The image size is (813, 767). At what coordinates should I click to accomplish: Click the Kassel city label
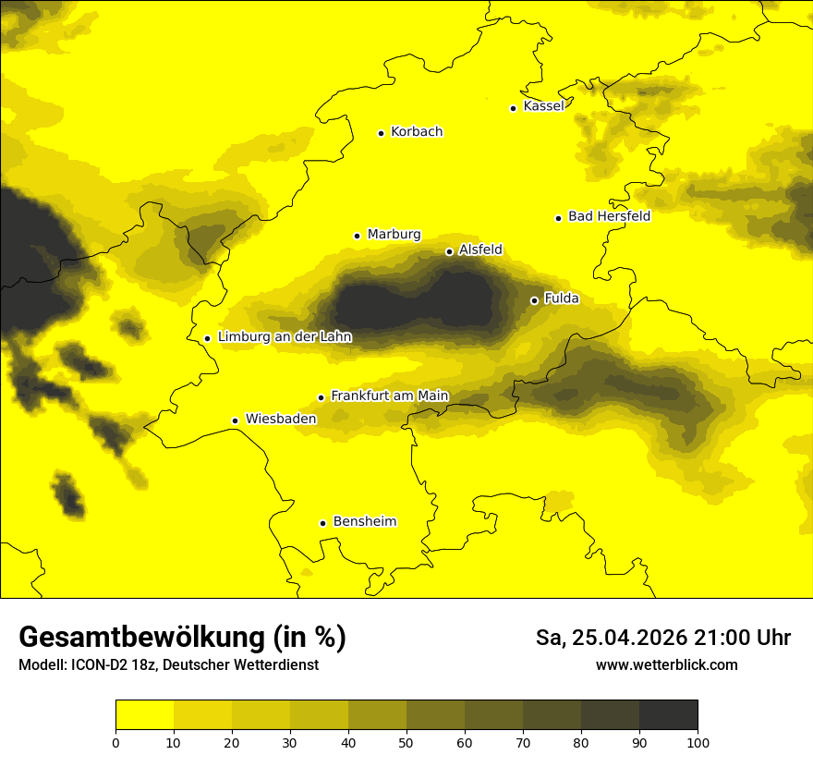click(x=543, y=106)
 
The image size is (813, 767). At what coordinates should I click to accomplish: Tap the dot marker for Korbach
click(x=381, y=133)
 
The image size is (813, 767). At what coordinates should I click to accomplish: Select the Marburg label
click(x=394, y=235)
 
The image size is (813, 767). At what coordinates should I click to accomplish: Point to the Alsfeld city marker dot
click(x=449, y=251)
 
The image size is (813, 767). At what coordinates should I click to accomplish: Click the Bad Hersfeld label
click(x=609, y=216)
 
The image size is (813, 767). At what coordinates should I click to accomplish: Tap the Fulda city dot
click(x=534, y=300)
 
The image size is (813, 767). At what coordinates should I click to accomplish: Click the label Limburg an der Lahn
click(x=285, y=337)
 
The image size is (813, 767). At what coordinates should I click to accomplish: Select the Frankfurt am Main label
click(x=389, y=396)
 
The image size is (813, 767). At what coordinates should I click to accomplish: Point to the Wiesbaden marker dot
click(x=236, y=420)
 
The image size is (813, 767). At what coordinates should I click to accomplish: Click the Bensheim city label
click(x=364, y=522)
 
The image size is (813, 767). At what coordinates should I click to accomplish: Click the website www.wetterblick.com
click(x=666, y=664)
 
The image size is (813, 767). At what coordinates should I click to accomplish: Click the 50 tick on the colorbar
click(x=406, y=742)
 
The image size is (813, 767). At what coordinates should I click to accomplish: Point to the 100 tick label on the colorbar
click(x=698, y=742)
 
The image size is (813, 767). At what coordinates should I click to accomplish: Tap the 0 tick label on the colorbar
click(x=115, y=742)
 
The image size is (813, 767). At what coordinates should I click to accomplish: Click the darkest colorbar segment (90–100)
click(x=668, y=714)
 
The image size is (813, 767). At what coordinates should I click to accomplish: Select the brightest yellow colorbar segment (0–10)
click(x=144, y=714)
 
